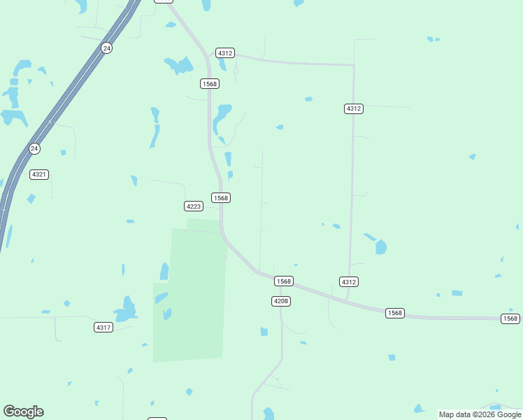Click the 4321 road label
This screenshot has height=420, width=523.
(x=39, y=174)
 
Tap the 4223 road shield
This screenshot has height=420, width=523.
(x=194, y=206)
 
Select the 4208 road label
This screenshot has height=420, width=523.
(x=280, y=301)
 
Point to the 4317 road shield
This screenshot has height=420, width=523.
(x=103, y=328)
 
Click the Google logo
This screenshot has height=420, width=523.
(x=23, y=412)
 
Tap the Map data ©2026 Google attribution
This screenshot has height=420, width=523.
(x=480, y=414)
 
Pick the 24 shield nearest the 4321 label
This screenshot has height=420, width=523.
(x=34, y=148)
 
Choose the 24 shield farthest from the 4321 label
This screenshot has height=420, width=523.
(x=106, y=48)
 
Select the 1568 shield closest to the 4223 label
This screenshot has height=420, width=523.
(x=221, y=198)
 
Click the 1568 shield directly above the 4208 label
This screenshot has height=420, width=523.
(x=283, y=281)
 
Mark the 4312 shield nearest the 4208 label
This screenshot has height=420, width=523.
(x=349, y=281)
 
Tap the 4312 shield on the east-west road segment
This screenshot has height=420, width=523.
(x=225, y=53)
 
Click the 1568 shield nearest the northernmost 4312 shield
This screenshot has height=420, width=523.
(x=210, y=84)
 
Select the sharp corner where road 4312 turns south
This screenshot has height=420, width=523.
(x=353, y=65)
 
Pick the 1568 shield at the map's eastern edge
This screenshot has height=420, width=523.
(x=510, y=318)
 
